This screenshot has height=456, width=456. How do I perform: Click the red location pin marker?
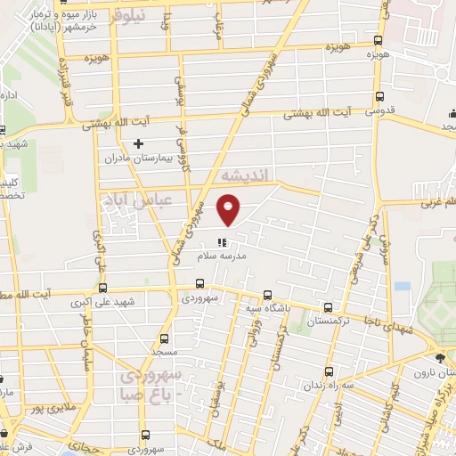pyautogui.click(x=230, y=209)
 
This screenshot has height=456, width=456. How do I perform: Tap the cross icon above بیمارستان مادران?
pyautogui.click(x=138, y=143)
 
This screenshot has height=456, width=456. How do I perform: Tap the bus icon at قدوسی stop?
pyautogui.click(x=380, y=98)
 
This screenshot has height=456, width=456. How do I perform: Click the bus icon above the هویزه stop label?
pyautogui.click(x=379, y=41)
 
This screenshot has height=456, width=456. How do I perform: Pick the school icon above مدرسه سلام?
pyautogui.click(x=223, y=241)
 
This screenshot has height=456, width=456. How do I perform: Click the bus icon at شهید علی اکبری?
pyautogui.click(x=102, y=287)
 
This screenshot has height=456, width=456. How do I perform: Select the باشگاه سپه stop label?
pyautogui.click(x=265, y=309)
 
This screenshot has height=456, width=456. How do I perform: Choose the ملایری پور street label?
pyautogui.click(x=46, y=409)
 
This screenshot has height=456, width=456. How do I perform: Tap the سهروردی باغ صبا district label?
pyautogui.click(x=151, y=381)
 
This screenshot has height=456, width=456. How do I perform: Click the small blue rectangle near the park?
pyautogui.click(x=403, y=287)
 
